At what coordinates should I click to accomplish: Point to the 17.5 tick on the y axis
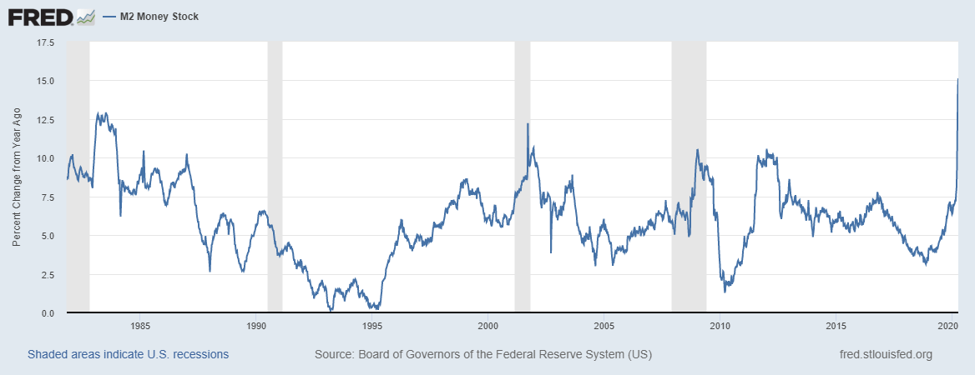tap(43, 42)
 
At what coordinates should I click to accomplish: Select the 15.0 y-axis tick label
tap(43, 81)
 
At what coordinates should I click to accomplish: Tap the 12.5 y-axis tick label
tap(43, 120)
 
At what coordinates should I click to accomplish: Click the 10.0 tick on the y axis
tap(43, 158)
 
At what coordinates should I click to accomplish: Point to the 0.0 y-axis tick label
tap(47, 313)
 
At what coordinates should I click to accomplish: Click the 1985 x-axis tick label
tap(140, 326)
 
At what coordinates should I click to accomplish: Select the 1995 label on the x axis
tap(372, 326)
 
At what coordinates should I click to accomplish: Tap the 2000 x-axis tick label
tap(488, 326)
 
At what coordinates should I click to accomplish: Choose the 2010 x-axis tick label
tap(720, 326)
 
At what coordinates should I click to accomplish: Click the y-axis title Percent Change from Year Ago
tap(17, 177)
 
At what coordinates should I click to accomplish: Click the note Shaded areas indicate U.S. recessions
tap(128, 354)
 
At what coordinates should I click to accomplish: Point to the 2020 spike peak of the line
tap(957, 79)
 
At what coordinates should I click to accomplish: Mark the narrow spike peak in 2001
tap(528, 124)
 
